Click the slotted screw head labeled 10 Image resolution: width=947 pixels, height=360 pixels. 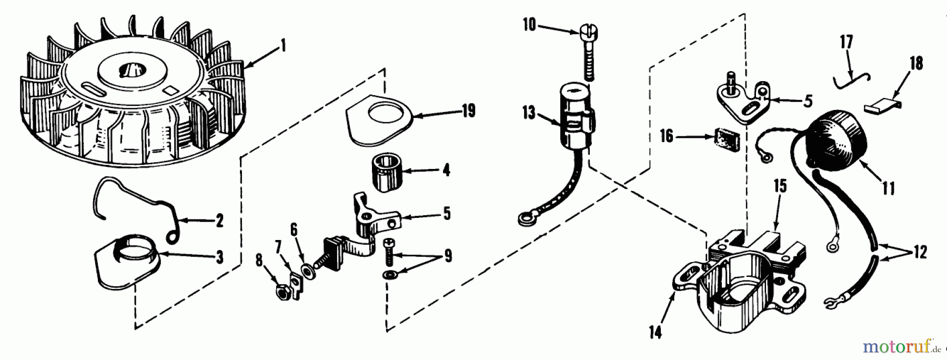[x=583, y=35]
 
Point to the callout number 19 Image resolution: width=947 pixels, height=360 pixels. [x=468, y=111]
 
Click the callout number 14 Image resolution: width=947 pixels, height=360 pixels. [x=655, y=333]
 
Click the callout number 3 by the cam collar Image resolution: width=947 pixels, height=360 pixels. [x=219, y=257]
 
